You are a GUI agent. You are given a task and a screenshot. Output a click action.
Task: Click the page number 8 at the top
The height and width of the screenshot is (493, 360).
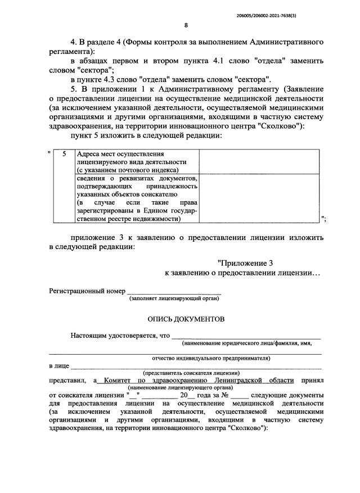point(186,25)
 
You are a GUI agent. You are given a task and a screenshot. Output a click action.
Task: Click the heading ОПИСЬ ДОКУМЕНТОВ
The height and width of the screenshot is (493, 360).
point(186,319)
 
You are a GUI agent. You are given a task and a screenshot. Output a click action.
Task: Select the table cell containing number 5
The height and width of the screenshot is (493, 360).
point(64,153)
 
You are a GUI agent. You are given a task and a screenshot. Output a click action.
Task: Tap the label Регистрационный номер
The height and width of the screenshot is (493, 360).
point(87,291)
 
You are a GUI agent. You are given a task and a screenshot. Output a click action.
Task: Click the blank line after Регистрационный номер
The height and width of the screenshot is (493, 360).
point(174,292)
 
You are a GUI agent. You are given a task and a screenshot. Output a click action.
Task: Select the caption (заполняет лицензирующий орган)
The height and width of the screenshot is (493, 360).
point(174,300)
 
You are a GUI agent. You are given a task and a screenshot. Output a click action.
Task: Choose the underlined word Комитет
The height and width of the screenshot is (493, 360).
point(119,381)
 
